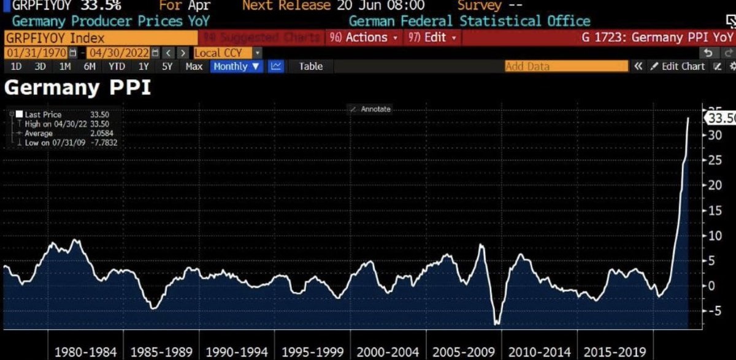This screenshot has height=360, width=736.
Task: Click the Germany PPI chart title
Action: (77, 88)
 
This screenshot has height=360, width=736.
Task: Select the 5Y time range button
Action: (167, 66)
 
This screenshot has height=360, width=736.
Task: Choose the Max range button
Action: (194, 66)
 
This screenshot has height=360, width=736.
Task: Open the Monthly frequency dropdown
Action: (236, 66)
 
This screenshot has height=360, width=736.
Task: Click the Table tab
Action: (310, 66)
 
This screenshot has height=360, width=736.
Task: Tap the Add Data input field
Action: (566, 66)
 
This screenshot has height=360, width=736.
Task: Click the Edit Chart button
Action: (678, 66)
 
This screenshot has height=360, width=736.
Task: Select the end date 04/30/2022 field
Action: (120, 53)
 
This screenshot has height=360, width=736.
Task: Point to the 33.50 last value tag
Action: (721, 118)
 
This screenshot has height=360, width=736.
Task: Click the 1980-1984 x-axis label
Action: (85, 352)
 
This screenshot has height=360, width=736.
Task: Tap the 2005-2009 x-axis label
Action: (463, 352)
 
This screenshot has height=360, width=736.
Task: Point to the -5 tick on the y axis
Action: (711, 311)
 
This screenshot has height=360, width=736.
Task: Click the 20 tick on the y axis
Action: (712, 185)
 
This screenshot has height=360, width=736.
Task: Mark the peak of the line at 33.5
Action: (688, 118)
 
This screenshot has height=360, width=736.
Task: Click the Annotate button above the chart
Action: (370, 109)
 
